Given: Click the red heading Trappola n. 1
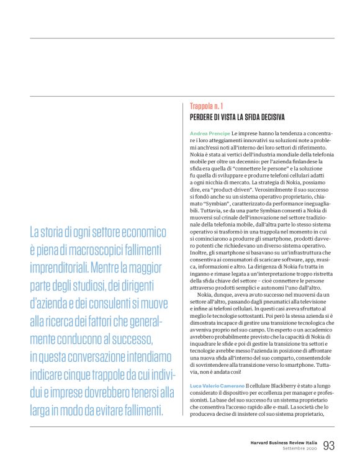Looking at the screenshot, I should pos(207,107).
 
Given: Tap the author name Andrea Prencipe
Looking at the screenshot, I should pos(210,133).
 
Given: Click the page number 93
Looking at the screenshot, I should pos(329,445).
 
